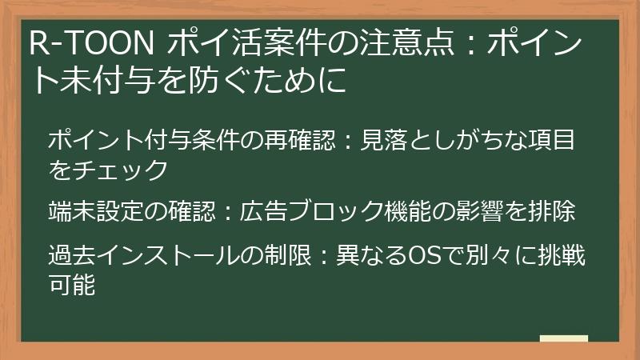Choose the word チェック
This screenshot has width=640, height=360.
tap(121, 169)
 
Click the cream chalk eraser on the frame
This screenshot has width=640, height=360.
tap(564, 338)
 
